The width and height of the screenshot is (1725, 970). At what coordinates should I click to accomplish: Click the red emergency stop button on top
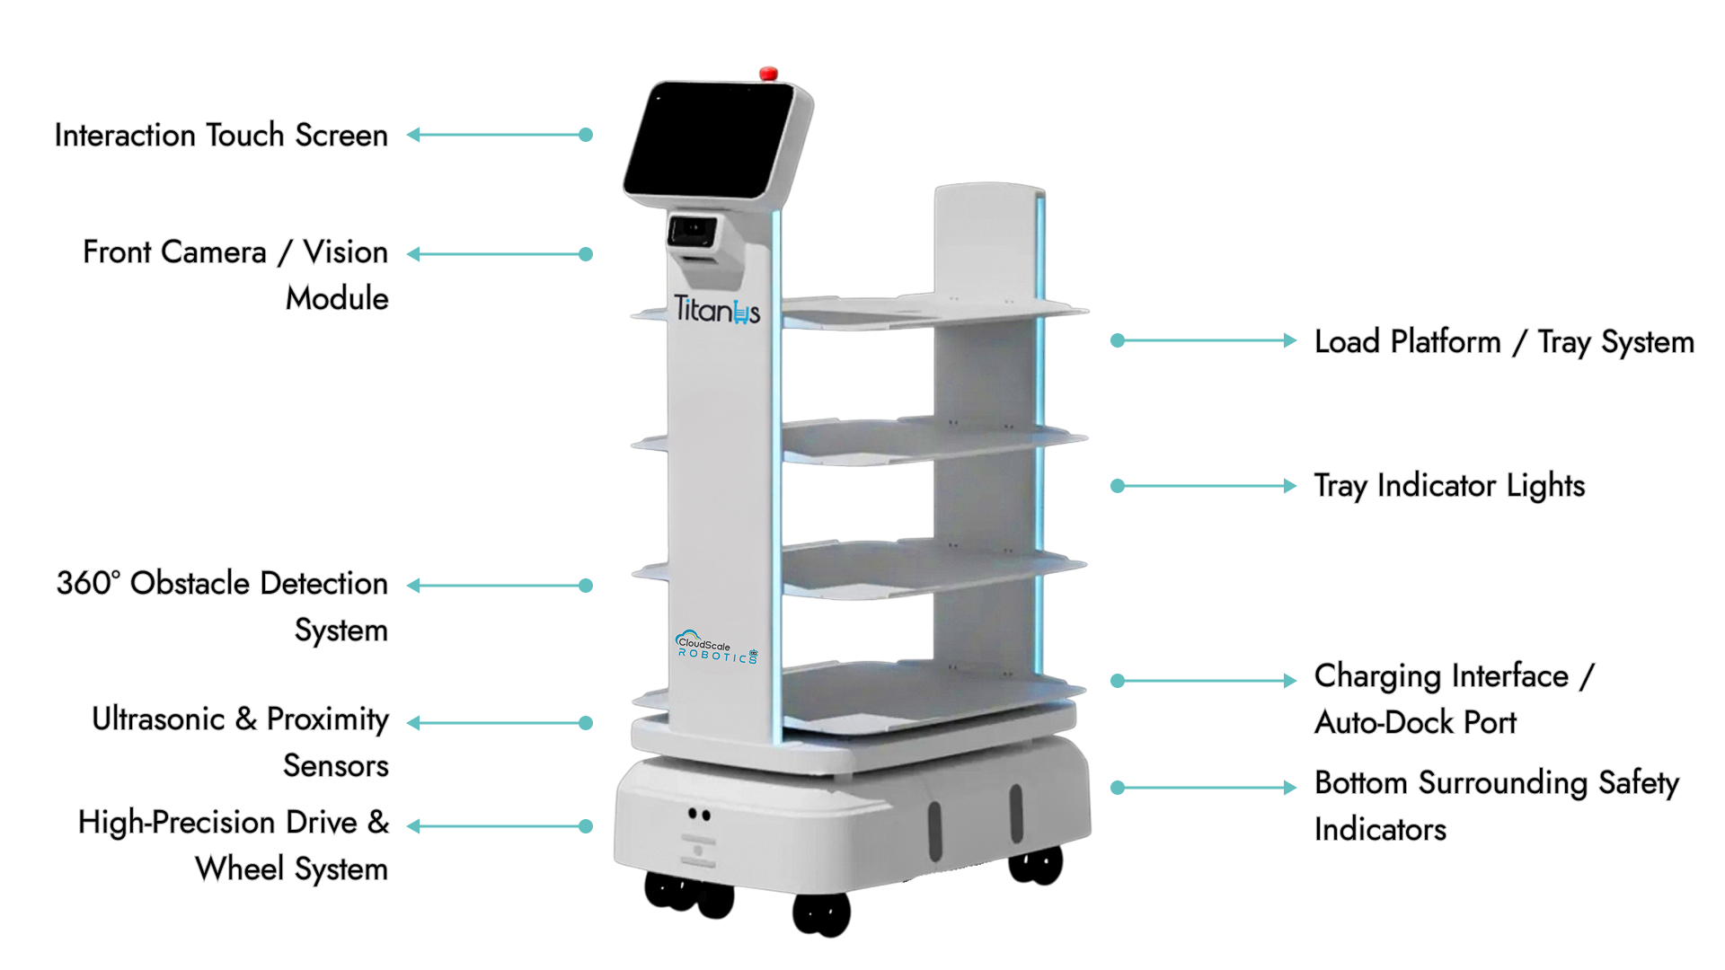(768, 74)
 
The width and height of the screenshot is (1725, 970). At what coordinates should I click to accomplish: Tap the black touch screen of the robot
(710, 140)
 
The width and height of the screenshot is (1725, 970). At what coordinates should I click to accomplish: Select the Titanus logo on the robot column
(717, 310)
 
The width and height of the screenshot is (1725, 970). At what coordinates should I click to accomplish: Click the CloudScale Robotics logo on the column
(717, 647)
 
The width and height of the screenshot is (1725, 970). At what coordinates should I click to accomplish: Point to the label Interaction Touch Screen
(221, 135)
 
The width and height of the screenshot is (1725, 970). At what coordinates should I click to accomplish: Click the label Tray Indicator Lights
(1449, 486)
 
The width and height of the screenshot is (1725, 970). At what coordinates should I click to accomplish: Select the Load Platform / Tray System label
(1504, 342)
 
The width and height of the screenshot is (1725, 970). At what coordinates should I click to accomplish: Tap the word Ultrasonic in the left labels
(158, 719)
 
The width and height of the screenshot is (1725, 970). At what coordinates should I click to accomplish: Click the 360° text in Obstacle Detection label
(88, 583)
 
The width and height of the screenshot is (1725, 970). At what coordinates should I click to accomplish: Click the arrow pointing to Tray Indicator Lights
(1204, 486)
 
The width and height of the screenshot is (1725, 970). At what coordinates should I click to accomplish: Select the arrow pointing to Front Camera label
(500, 254)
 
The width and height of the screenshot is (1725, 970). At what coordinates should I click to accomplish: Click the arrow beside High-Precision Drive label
(500, 826)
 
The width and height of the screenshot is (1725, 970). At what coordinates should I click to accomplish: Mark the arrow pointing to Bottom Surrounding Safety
(1204, 788)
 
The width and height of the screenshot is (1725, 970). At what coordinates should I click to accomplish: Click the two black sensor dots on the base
(699, 815)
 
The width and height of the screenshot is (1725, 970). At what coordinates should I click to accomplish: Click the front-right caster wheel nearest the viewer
(821, 914)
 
